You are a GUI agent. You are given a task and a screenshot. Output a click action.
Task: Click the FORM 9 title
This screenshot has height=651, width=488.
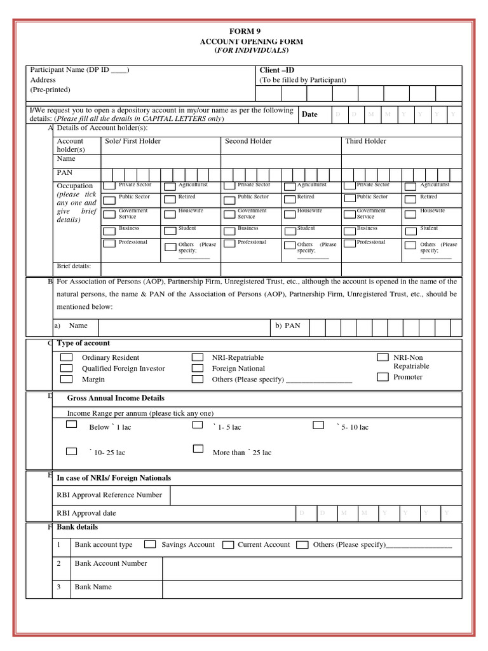pyautogui.click(x=244, y=31)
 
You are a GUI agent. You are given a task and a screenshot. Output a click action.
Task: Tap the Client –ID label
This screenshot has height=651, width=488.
pyautogui.click(x=276, y=70)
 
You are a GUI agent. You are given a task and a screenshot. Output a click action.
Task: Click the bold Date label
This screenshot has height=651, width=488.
pyautogui.click(x=309, y=114)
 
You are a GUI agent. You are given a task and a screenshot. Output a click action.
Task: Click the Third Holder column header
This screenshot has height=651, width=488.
pyautogui.click(x=365, y=141)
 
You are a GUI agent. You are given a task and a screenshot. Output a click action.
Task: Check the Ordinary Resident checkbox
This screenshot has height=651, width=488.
pyautogui.click(x=67, y=357)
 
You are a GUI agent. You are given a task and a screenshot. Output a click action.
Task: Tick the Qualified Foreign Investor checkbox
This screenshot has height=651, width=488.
pyautogui.click(x=67, y=368)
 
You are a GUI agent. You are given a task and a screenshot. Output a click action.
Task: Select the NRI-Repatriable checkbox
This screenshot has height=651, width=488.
pyautogui.click(x=198, y=357)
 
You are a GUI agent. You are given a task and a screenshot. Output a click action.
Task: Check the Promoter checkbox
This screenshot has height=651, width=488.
pyautogui.click(x=383, y=377)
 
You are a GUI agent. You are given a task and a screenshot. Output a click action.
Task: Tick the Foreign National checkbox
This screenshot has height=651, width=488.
pyautogui.click(x=198, y=368)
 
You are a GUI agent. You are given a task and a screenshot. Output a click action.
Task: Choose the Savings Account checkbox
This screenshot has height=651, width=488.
pyautogui.click(x=150, y=545)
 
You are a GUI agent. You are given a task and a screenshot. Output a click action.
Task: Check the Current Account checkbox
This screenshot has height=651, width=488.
pyautogui.click(x=226, y=545)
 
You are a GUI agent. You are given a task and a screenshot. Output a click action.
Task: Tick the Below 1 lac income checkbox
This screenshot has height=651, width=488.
pyautogui.click(x=72, y=424)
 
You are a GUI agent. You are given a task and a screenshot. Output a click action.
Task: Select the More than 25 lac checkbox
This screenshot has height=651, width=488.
pyautogui.click(x=198, y=449)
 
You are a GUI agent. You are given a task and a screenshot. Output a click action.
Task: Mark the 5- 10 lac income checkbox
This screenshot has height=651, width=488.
pyautogui.click(x=318, y=424)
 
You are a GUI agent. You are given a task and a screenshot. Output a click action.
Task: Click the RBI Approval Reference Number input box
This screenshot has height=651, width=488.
pyautogui.click(x=316, y=495)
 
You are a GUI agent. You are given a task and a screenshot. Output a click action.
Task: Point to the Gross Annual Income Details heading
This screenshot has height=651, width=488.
pyautogui.click(x=116, y=398)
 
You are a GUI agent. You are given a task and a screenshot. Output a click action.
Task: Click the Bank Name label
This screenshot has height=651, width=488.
pyautogui.click(x=93, y=587)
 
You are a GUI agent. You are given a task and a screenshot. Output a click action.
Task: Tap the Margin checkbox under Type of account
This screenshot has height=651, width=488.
pyautogui.click(x=67, y=379)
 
